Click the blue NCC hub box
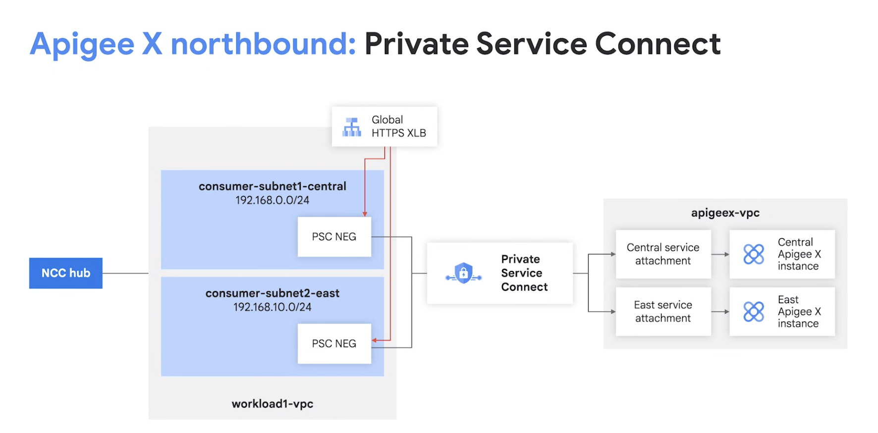(x=65, y=273)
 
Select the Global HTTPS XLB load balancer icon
(x=352, y=127)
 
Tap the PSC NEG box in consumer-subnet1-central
(x=334, y=237)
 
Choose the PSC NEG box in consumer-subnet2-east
(x=334, y=344)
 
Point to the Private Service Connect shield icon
(x=463, y=273)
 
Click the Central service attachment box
(x=663, y=254)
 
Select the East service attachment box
(x=663, y=311)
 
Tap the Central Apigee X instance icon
(x=754, y=254)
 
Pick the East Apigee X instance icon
(x=754, y=312)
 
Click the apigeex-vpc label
(x=725, y=213)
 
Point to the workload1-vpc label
(x=272, y=404)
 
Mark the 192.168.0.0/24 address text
(x=272, y=200)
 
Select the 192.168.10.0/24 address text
(x=272, y=307)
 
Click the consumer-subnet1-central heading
(x=272, y=186)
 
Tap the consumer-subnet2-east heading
(x=272, y=293)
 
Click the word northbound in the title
(x=263, y=44)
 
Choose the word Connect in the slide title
(x=658, y=44)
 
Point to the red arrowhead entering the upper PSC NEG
(x=365, y=214)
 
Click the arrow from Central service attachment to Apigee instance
(x=720, y=254)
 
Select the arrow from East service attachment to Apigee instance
(x=720, y=312)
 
